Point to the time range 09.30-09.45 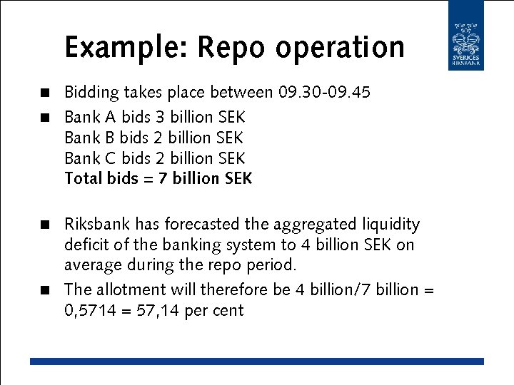tap(324, 93)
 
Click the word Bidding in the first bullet tap(91, 93)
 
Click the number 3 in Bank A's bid tap(160, 115)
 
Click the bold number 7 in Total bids tap(163, 178)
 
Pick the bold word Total tap(83, 178)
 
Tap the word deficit tap(87, 245)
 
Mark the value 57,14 tap(155, 311)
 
